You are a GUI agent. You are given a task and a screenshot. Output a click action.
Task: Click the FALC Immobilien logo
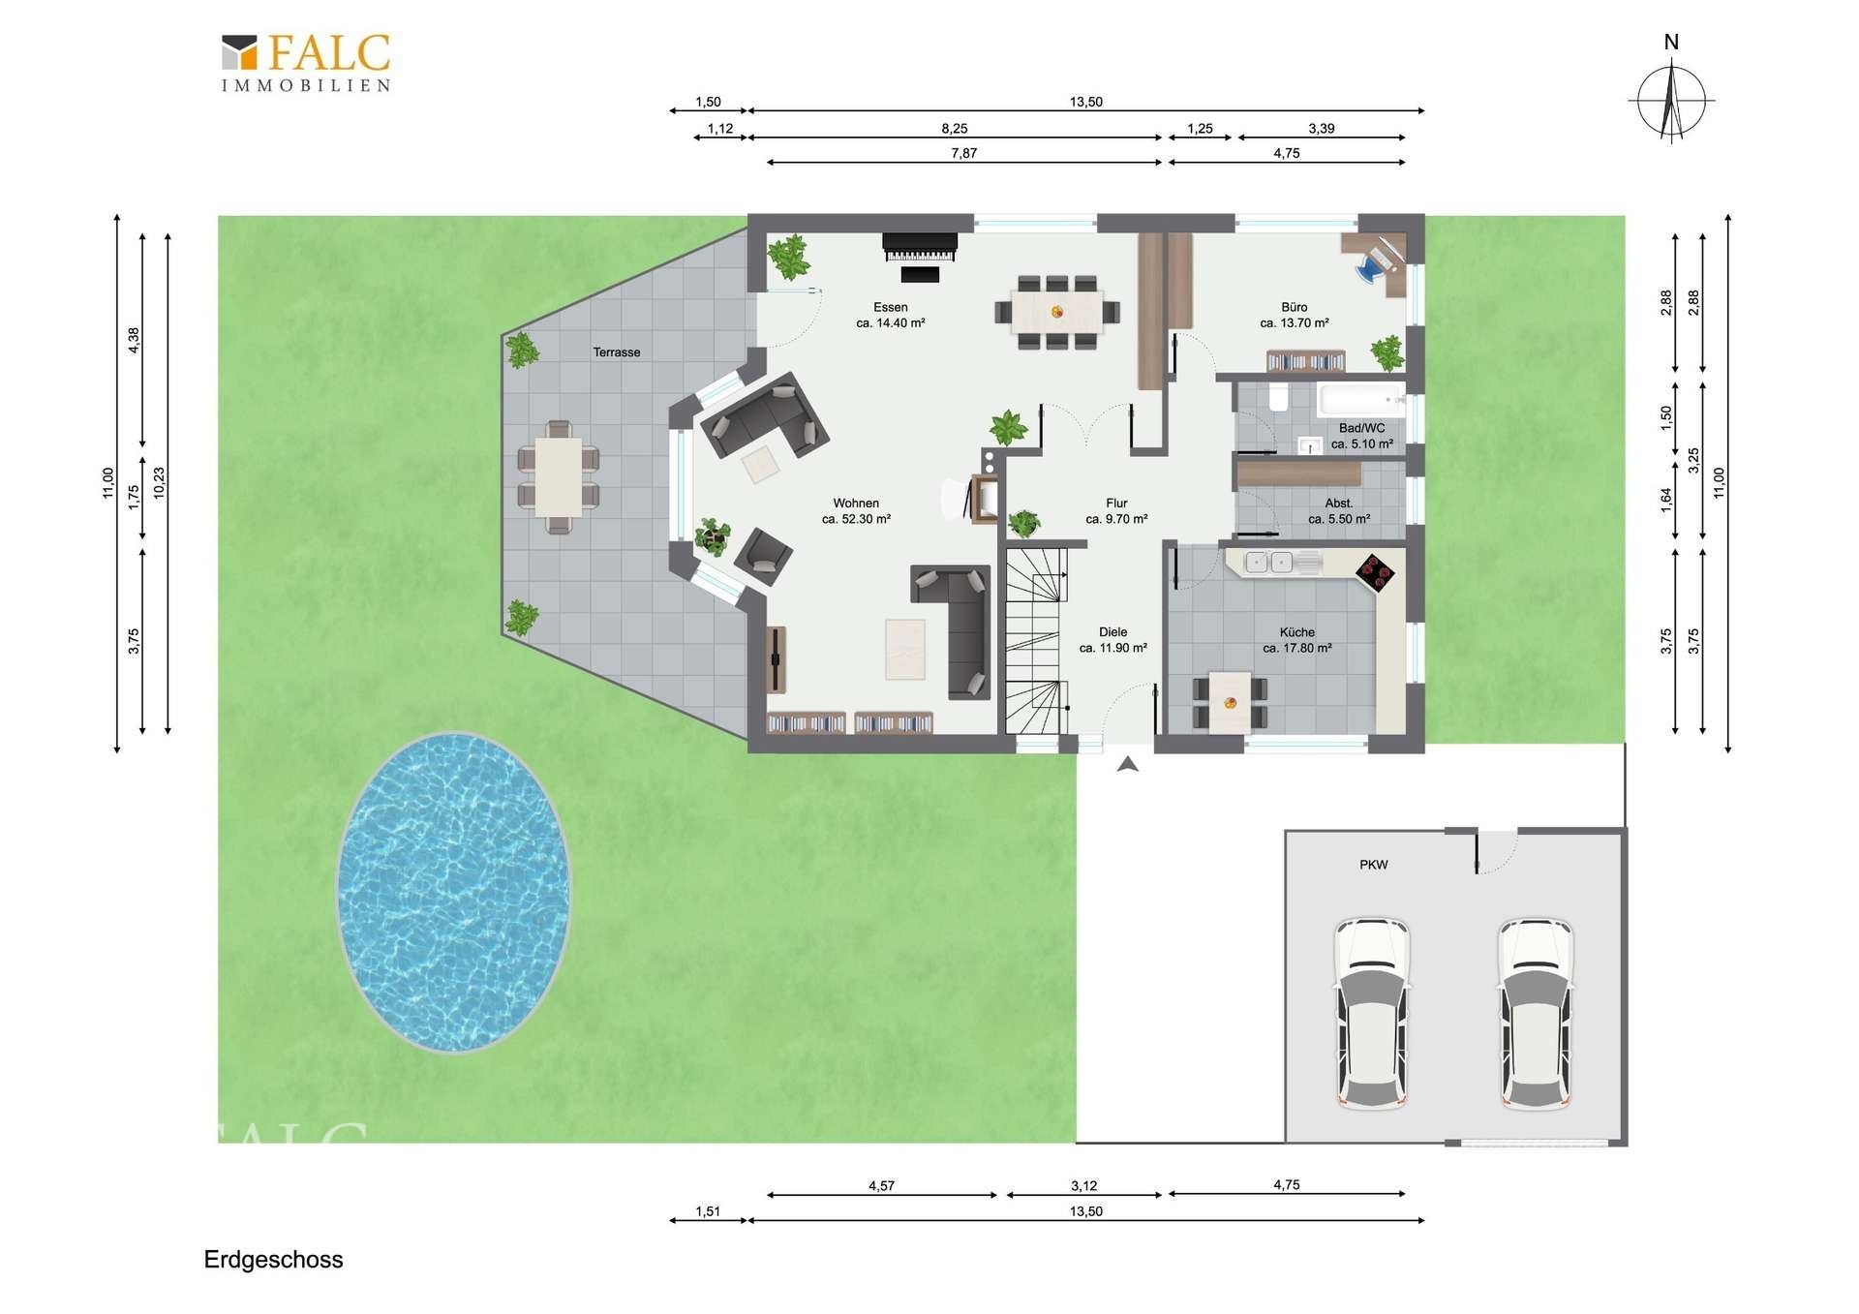pyautogui.click(x=306, y=63)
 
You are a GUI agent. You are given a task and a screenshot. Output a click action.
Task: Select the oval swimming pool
pyautogui.click(x=453, y=892)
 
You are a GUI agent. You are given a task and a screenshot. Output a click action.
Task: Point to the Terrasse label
pyautogui.click(x=617, y=352)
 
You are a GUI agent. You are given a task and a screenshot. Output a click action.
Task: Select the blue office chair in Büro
pyautogui.click(x=1370, y=267)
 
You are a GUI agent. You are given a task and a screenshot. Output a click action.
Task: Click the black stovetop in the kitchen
pyautogui.click(x=1375, y=572)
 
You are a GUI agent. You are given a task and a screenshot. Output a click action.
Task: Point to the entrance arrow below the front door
pyautogui.click(x=1127, y=764)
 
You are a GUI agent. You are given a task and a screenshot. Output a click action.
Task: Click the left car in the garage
pyautogui.click(x=1372, y=1012)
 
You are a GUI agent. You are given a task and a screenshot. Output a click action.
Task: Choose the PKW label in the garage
pyautogui.click(x=1374, y=865)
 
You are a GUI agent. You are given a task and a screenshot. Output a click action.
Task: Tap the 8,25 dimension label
pyautogui.click(x=955, y=128)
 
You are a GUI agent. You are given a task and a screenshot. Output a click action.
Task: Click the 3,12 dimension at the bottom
pyautogui.click(x=1084, y=1185)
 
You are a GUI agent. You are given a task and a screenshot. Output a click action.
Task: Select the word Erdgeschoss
pyautogui.click(x=273, y=1260)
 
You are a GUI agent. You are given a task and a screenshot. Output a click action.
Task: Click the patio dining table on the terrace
pyautogui.click(x=559, y=477)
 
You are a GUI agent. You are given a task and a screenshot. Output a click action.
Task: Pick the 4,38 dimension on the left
pyautogui.click(x=134, y=340)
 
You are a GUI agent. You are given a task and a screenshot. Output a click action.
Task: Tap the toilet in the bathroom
pyautogui.click(x=1278, y=397)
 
